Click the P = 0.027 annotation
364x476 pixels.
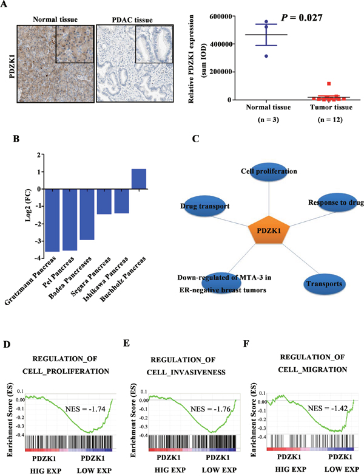302,18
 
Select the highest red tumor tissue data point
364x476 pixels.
329,84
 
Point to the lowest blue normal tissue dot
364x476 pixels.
266,56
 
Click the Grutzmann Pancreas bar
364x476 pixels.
52,221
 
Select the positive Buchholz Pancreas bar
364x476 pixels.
139,179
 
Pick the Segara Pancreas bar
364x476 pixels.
104,202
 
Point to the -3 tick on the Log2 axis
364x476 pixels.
38,241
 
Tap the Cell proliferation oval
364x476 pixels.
269,171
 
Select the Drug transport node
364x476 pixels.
205,206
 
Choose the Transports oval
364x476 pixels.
325,284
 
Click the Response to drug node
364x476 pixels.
336,202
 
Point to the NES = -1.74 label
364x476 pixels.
86,409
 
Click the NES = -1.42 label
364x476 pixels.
328,409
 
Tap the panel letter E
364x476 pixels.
127,343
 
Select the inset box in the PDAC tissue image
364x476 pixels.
154,44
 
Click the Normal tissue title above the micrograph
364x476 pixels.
55,19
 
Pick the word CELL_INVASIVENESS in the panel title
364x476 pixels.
186,372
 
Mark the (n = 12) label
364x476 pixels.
330,120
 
